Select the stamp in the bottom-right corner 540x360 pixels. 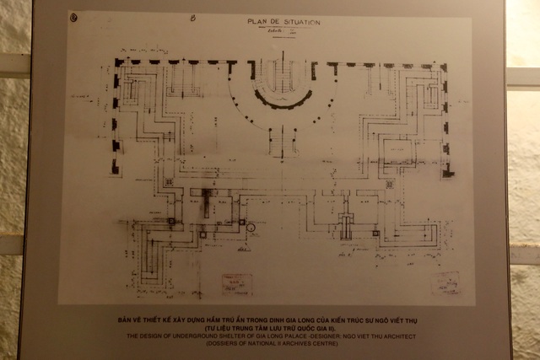(x=445, y=282)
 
